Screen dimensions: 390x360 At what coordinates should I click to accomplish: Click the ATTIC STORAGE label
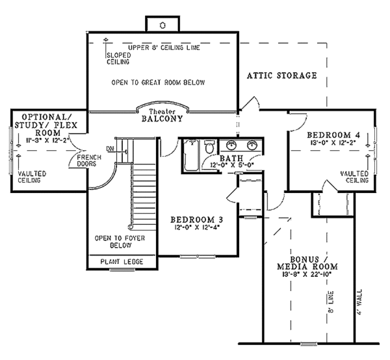(282, 75)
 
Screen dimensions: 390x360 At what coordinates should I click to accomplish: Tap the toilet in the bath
(209, 148)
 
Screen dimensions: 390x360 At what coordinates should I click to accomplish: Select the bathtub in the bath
(190, 155)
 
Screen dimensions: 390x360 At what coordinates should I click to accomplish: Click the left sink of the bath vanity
(231, 146)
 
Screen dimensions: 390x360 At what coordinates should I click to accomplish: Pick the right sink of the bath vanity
(252, 146)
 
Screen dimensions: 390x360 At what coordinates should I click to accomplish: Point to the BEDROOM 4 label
(333, 135)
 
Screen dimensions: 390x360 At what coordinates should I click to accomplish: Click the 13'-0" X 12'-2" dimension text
(333, 142)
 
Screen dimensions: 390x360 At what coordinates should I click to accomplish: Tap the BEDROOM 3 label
(196, 220)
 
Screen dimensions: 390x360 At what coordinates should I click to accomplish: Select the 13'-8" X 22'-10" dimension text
(307, 274)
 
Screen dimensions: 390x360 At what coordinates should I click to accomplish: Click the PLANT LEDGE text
(122, 261)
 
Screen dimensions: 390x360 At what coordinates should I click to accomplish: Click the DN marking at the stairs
(110, 149)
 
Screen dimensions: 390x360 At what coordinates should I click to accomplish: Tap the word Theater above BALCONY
(162, 112)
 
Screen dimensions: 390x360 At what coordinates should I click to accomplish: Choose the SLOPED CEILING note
(119, 58)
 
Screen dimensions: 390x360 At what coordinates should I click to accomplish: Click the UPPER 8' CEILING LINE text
(164, 47)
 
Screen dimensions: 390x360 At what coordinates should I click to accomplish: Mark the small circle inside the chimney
(162, 25)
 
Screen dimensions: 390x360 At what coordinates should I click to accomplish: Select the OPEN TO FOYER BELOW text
(120, 242)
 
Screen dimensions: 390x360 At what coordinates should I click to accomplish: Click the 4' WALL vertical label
(359, 302)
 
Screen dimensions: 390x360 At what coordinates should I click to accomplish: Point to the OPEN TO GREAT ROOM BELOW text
(158, 83)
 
